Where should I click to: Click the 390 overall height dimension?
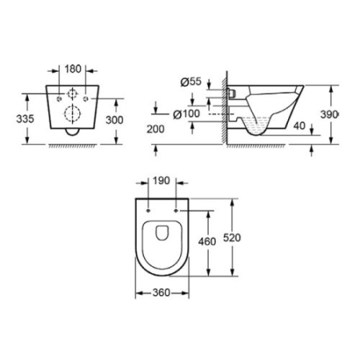341,115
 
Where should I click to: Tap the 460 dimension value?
207,242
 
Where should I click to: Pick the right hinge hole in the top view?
175,207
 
